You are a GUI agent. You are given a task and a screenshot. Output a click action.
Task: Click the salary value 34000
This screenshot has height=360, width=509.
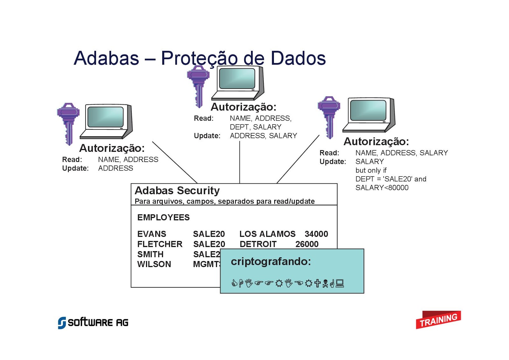[x=316, y=234]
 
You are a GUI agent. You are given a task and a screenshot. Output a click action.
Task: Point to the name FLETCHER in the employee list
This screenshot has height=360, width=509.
[x=160, y=244]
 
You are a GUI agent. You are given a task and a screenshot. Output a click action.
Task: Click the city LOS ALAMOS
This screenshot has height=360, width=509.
[x=267, y=234]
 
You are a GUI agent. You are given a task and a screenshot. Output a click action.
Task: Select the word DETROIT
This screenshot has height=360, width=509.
[x=258, y=244]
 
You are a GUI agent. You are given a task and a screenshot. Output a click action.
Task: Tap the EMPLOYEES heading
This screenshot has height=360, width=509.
[x=163, y=217]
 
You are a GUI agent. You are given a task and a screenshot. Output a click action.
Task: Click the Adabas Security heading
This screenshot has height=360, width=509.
[x=177, y=191]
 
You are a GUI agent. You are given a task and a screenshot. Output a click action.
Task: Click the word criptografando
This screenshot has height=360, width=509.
[x=271, y=261]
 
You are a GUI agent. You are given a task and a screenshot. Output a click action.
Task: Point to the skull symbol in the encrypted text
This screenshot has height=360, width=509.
[x=325, y=283]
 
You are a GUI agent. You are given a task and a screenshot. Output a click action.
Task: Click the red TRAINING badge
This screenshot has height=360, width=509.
[x=438, y=320]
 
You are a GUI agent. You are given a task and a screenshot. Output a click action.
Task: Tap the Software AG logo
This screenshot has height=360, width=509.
[x=93, y=322]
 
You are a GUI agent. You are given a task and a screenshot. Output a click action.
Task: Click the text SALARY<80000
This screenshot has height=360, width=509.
[x=382, y=188]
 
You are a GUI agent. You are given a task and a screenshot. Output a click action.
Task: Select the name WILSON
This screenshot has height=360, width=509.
[x=154, y=264]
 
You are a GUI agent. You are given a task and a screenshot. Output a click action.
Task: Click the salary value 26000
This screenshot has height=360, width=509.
[x=307, y=244]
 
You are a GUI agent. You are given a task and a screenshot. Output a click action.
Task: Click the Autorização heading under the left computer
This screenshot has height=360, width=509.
[x=112, y=148]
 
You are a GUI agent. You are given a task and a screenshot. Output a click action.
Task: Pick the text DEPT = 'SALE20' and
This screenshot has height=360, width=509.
[x=391, y=179]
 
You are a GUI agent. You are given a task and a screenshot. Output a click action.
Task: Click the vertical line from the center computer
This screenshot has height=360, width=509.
[x=240, y=162]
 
